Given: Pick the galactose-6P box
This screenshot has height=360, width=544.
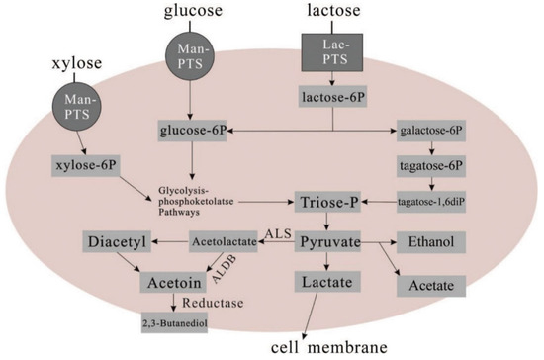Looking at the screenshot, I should pyautogui.click(x=431, y=131).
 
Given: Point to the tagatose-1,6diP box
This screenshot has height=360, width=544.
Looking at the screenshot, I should pyautogui.click(x=431, y=202).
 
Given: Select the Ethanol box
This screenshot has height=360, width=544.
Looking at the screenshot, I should pyautogui.click(x=430, y=240).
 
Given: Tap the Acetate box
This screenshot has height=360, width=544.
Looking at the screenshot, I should pyautogui.click(x=430, y=286).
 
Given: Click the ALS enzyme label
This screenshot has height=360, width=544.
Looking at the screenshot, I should pyautogui.click(x=276, y=231).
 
